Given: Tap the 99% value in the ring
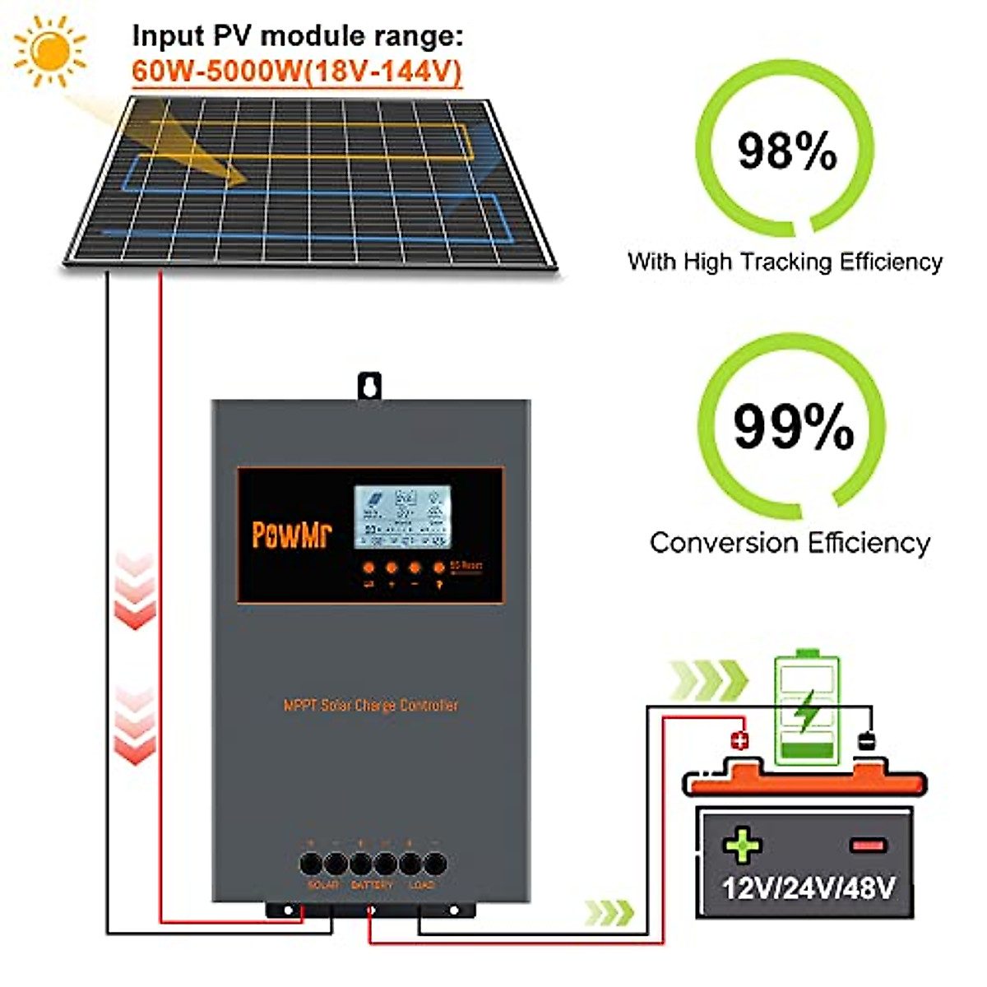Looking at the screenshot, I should click(793, 426).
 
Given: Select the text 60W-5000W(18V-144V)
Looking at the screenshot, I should click(297, 72).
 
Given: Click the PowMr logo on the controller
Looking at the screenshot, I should click(291, 533).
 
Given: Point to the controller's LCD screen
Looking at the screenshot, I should click(402, 517).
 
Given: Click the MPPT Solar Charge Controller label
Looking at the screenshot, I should click(371, 705).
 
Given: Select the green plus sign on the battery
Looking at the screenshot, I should click(742, 845).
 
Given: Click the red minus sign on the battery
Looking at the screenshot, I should click(868, 845).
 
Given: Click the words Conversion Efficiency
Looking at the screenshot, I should click(790, 543).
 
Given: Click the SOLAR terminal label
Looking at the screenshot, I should click(322, 885).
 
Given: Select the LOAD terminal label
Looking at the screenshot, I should click(421, 885).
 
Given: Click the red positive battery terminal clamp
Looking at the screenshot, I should click(739, 741).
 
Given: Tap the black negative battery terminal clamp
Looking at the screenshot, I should click(866, 741).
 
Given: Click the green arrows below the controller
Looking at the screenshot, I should click(609, 912).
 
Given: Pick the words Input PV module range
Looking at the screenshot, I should click(298, 36).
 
